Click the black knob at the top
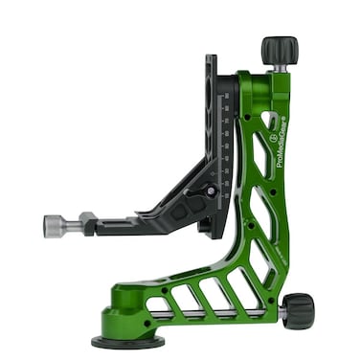click(280, 49)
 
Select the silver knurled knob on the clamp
click(56, 226)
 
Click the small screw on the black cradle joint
click(212, 191)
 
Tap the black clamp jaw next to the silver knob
click(88, 224)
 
